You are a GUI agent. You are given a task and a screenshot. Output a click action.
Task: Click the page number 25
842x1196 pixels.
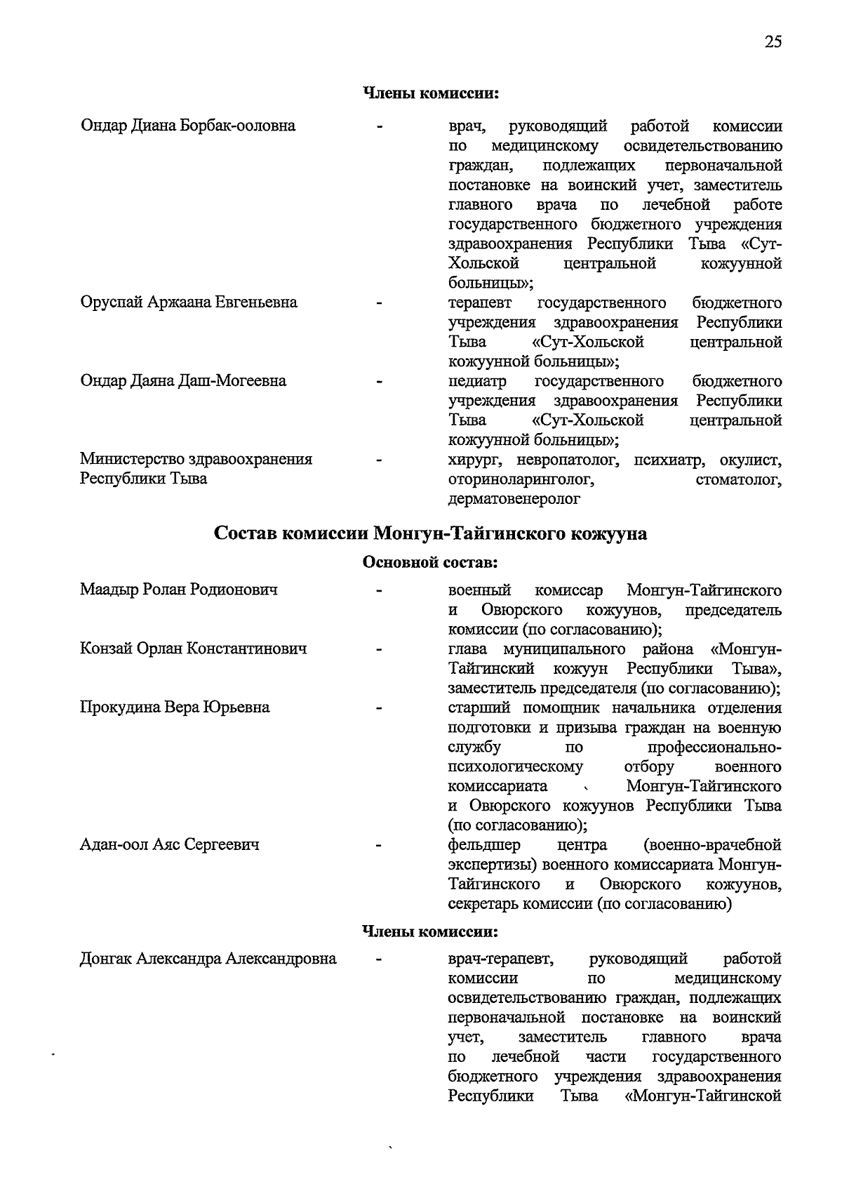tap(773, 41)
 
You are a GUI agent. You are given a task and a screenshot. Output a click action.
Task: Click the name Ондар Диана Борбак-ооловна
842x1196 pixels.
tap(188, 126)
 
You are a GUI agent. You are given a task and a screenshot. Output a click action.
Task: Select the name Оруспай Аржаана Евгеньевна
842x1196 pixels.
tap(189, 303)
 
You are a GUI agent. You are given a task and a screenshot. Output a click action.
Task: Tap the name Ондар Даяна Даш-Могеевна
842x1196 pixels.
tap(183, 381)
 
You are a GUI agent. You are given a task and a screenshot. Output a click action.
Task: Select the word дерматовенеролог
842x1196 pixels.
tap(514, 499)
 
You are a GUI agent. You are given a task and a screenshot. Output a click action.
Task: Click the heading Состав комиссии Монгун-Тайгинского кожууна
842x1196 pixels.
tap(430, 534)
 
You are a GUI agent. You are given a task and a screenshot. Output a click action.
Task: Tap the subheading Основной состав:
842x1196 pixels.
tap(430, 563)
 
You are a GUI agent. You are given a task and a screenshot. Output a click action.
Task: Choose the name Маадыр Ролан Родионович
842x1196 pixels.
tap(179, 590)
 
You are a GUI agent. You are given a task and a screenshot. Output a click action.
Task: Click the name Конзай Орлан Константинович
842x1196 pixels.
tap(194, 649)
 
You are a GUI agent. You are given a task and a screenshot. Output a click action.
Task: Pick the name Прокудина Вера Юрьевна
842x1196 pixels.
tap(175, 707)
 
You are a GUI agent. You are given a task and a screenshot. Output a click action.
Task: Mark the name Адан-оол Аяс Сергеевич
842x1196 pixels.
tap(170, 844)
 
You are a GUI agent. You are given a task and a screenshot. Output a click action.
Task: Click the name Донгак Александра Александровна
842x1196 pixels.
tap(208, 959)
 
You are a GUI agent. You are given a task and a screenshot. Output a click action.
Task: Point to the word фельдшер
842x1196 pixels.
tap(484, 844)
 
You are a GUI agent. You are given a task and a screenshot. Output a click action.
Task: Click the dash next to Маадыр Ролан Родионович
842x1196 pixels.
tap(379, 591)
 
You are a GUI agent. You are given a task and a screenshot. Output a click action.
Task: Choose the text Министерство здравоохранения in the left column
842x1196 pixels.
tap(196, 460)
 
